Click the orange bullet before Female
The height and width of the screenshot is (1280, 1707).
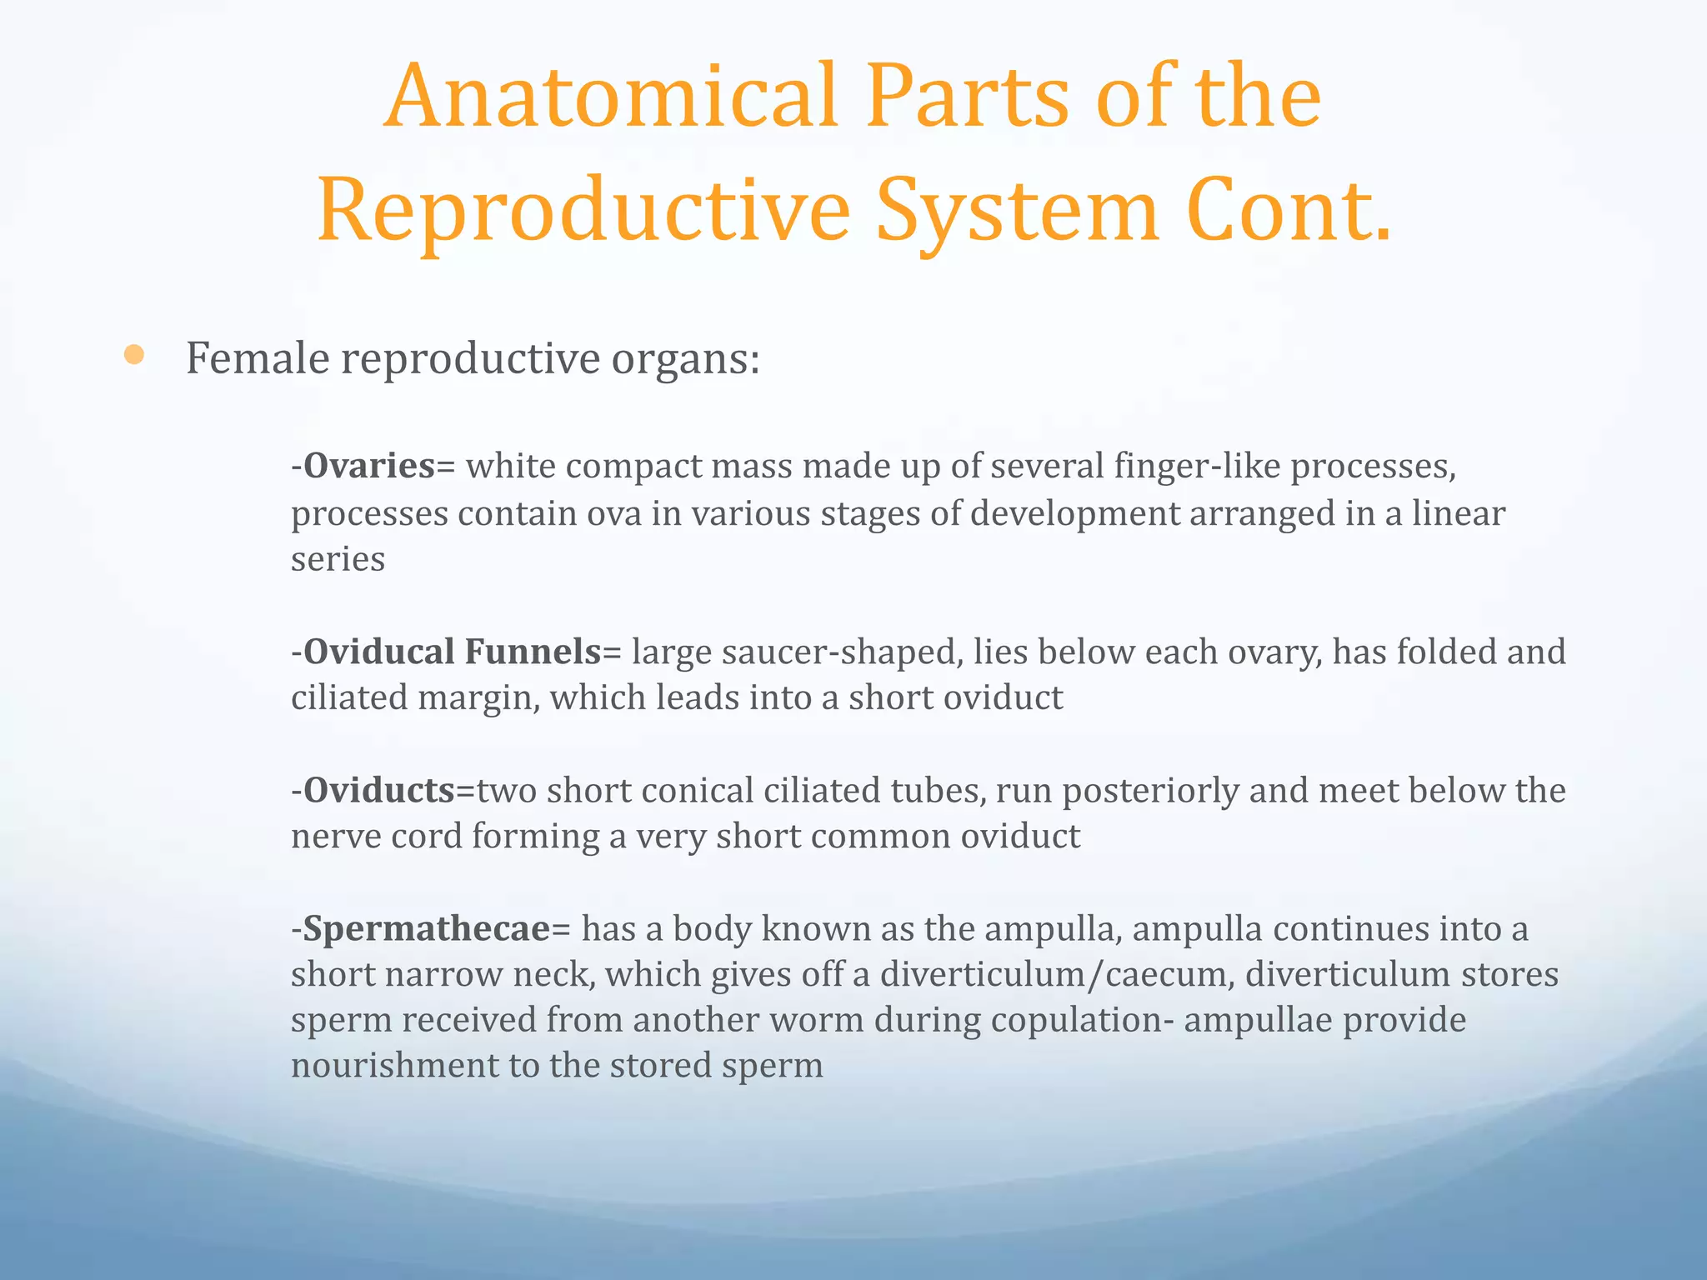coord(133,356)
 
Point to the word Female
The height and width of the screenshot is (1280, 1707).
coord(258,359)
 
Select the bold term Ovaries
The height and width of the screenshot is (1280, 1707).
coord(369,466)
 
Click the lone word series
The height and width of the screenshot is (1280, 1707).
coord(338,559)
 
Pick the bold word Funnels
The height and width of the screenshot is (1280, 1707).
coord(533,652)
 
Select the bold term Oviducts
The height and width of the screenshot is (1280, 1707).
coord(379,790)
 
